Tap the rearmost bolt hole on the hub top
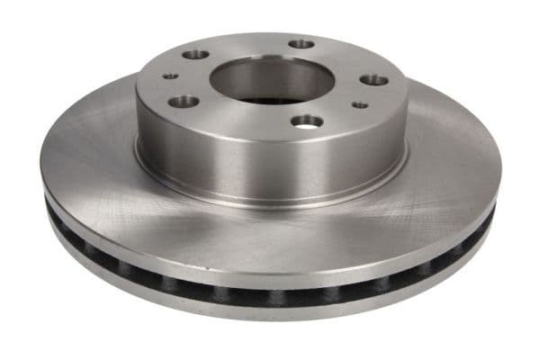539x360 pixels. point(301,43)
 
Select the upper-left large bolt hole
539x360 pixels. point(195,55)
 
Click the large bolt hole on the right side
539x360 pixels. point(373,80)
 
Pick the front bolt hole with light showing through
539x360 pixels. point(307,120)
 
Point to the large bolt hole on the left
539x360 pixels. point(183,102)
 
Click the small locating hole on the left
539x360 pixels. point(170,76)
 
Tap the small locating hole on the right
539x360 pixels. point(359,104)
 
